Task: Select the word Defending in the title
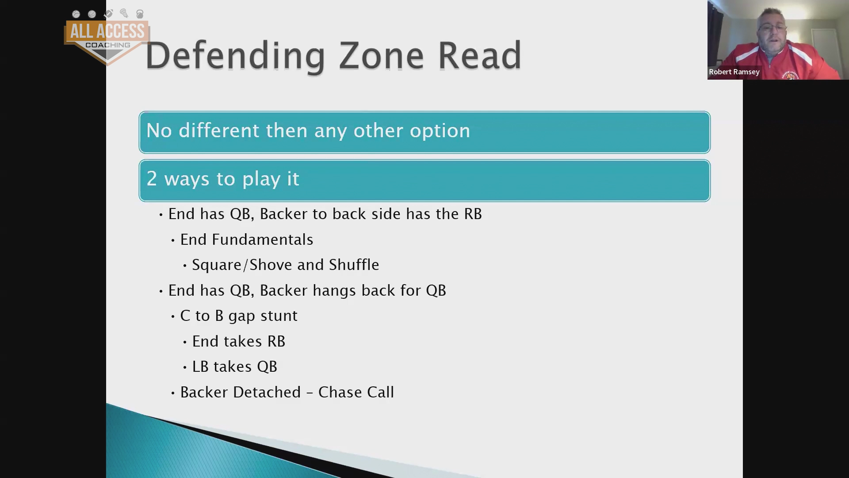click(235, 57)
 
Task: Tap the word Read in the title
click(480, 56)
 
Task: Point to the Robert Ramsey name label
click(734, 72)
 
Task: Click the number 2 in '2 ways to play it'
click(152, 179)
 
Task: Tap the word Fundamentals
click(263, 239)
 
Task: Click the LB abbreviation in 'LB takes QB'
click(200, 367)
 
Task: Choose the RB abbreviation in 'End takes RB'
click(276, 342)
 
